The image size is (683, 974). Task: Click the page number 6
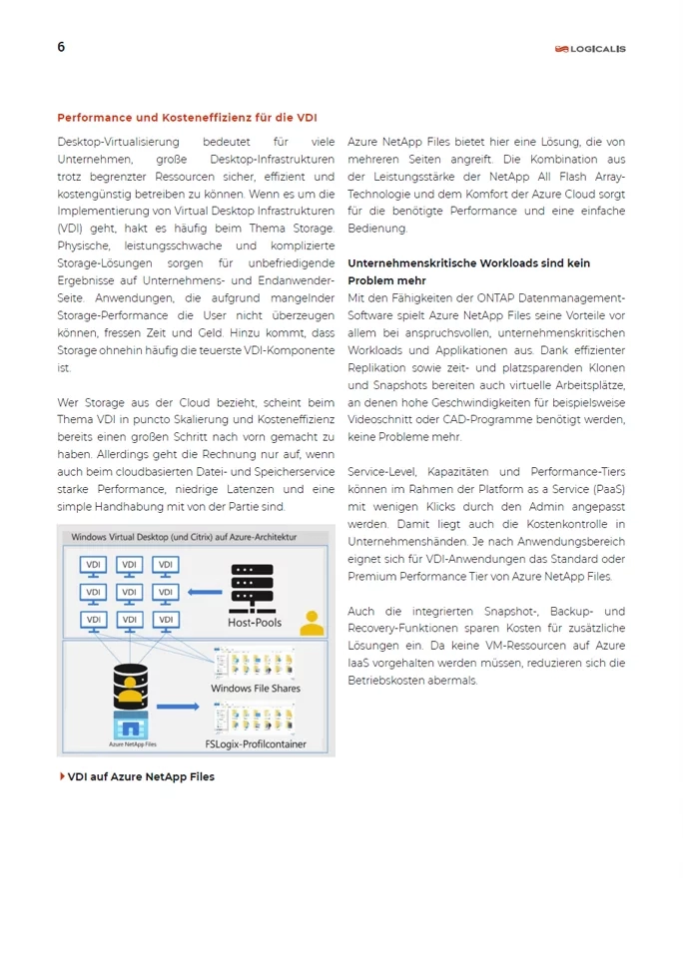pos(61,47)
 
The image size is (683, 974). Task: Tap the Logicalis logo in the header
pos(591,48)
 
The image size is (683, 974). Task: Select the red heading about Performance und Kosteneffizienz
pos(187,118)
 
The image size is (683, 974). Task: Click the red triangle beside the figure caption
pos(62,775)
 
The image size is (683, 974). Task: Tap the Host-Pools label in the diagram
pos(255,622)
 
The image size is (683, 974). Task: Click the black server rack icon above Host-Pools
pos(253,589)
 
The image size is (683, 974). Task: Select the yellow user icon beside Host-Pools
pos(312,622)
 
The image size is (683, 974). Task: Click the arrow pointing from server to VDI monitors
pos(205,592)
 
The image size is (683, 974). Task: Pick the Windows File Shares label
pos(255,689)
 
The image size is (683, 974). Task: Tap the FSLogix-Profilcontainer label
pos(255,744)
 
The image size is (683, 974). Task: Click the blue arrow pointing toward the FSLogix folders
pos(178,707)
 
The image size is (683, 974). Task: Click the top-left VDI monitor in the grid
pos(94,566)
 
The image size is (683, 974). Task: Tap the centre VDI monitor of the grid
pos(131,593)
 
